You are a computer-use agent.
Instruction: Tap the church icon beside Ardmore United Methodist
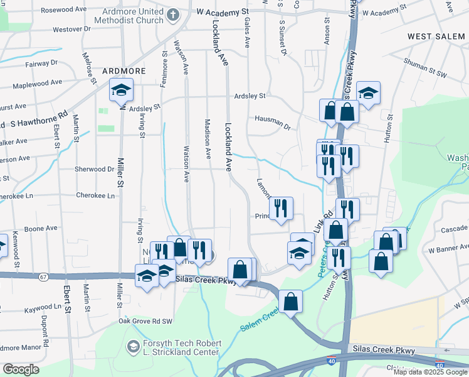tap(172, 13)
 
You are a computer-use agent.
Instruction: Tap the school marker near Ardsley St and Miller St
tap(121, 91)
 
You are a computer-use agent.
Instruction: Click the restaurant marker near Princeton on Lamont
tap(281, 207)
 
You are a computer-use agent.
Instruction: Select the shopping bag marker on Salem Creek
tap(291, 301)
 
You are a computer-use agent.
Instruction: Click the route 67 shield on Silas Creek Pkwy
tap(43, 277)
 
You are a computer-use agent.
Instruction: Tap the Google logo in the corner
tap(21, 369)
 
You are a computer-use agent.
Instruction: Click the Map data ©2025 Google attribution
tap(430, 372)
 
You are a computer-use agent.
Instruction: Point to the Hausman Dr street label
tap(273, 118)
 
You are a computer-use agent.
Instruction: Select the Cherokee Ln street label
tap(95, 195)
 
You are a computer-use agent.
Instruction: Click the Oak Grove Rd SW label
tap(145, 322)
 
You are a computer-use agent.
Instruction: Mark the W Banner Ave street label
tap(448, 250)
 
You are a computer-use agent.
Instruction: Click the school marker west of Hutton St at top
tap(368, 93)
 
